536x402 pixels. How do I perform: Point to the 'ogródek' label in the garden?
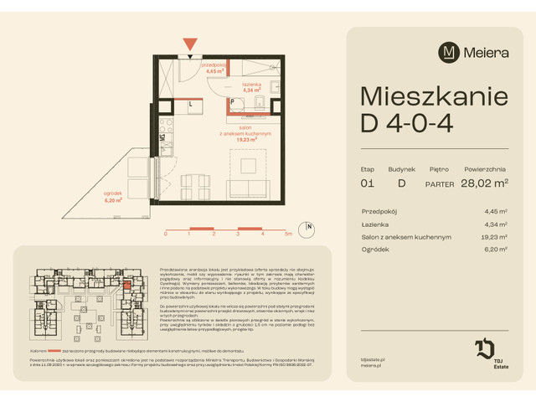point(114,194)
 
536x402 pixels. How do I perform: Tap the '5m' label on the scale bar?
point(287,234)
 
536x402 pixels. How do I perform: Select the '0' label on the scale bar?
point(166,234)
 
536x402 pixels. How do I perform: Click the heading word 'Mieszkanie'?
point(433,96)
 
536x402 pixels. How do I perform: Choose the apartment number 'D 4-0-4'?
point(407,124)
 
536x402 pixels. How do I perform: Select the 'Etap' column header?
point(368,167)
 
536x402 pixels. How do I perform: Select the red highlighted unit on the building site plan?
point(126,286)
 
